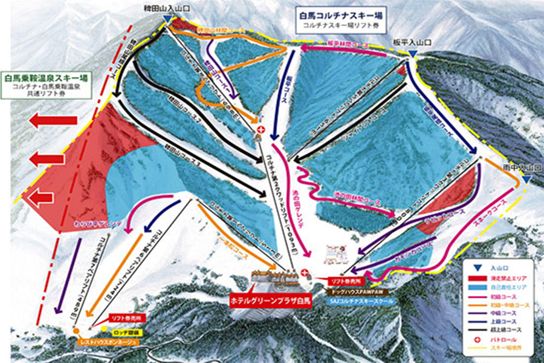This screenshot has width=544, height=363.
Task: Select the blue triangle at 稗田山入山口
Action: [x=166, y=19]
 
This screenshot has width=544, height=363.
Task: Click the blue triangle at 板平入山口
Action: [x=412, y=54]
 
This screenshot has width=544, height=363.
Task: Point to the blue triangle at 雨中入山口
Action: [x=527, y=180]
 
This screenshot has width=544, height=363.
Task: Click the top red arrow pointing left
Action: [x=53, y=121]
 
